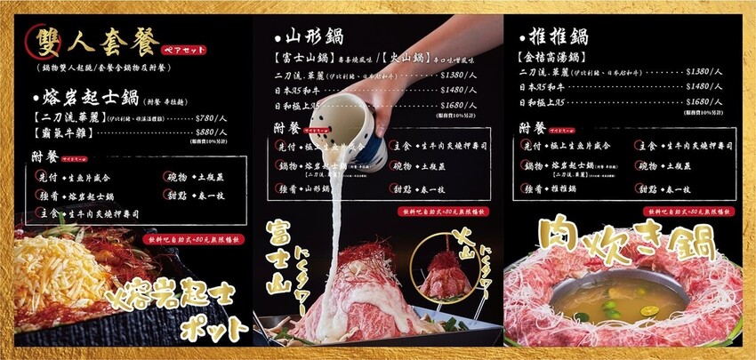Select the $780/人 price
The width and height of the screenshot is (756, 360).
click(217, 117)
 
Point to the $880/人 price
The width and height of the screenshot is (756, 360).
click(217, 133)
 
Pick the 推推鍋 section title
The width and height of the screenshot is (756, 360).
click(557, 38)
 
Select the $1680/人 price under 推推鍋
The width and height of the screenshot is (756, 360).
click(702, 102)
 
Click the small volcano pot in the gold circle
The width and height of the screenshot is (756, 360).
click(445, 272)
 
